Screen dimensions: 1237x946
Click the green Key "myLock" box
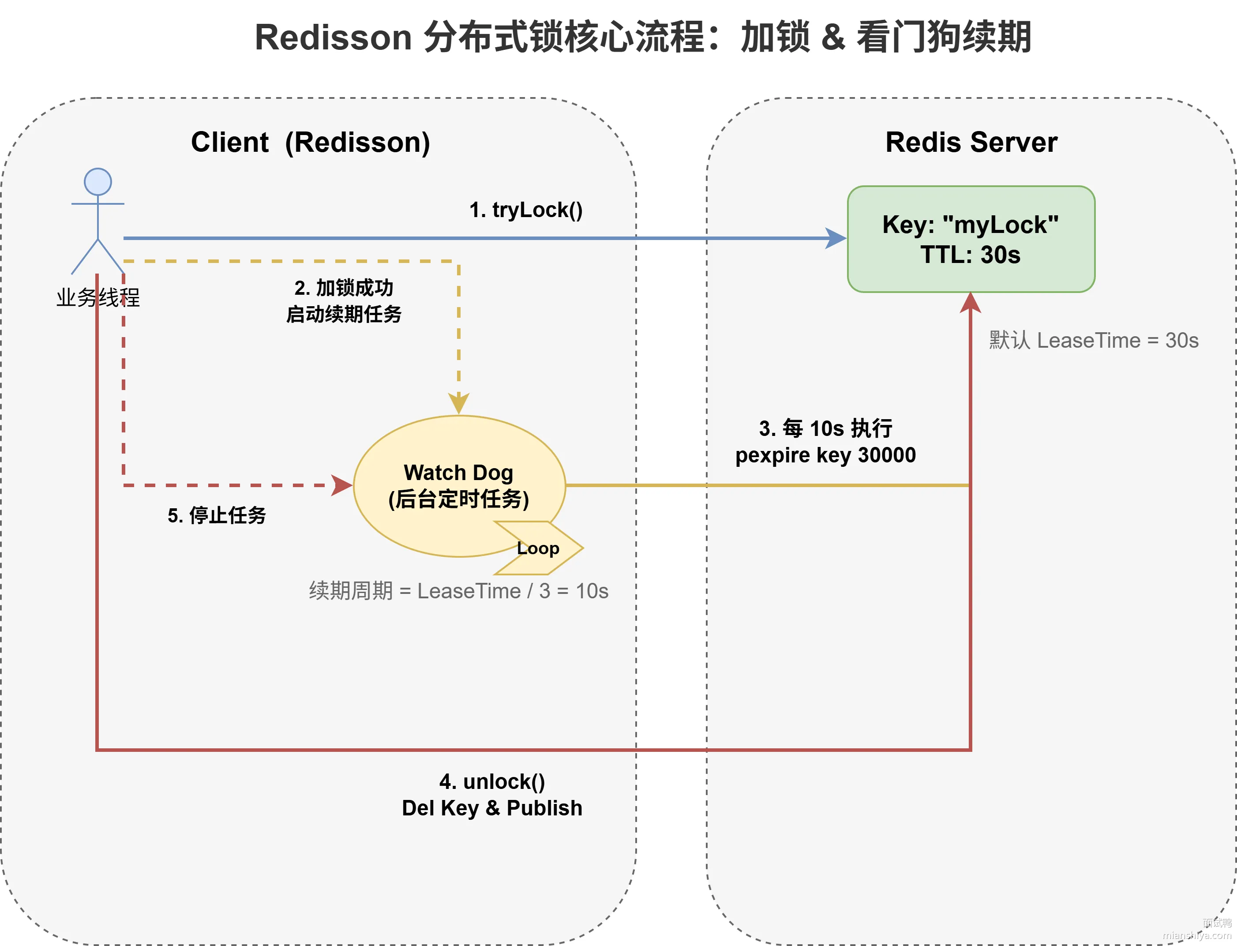click(971, 239)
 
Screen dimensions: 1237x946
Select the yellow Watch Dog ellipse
click(459, 486)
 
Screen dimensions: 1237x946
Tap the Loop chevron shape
click(539, 548)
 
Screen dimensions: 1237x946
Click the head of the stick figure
click(98, 182)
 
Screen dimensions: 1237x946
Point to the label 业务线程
click(98, 297)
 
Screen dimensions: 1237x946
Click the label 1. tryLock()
click(526, 210)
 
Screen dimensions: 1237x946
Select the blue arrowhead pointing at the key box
click(836, 238)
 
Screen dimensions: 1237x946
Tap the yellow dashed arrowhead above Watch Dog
click(459, 404)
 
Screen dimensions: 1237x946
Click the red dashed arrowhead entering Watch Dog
click(342, 485)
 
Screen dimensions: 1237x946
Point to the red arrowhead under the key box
click(971, 302)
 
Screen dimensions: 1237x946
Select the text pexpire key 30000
click(825, 455)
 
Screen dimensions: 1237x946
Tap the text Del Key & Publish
click(492, 808)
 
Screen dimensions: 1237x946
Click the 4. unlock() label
click(492, 781)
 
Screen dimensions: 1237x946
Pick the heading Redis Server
click(971, 142)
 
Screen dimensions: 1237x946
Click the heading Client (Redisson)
click(311, 143)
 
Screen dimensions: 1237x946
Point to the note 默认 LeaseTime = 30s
click(1094, 340)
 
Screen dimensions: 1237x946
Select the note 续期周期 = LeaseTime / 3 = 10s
click(459, 591)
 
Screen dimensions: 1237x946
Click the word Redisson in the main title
click(334, 37)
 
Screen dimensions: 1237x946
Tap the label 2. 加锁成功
click(344, 288)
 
